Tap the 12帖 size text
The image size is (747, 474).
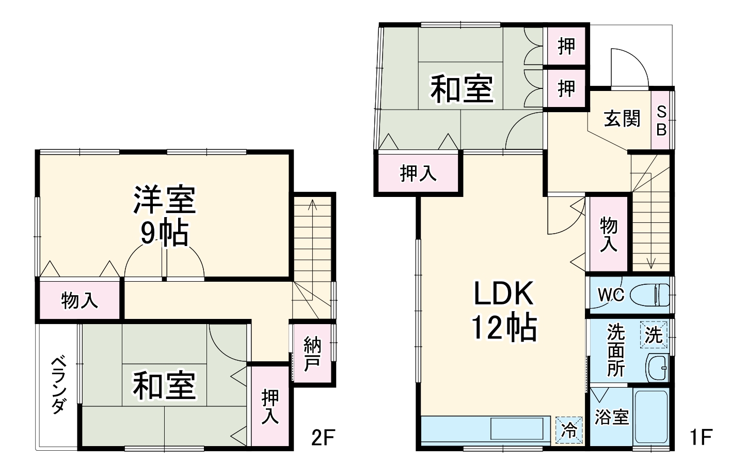[x=503, y=327]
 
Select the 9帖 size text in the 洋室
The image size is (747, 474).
[x=164, y=233]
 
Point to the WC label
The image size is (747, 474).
[x=611, y=295]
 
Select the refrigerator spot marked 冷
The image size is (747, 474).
[x=569, y=430]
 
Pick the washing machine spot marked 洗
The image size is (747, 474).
[x=654, y=335]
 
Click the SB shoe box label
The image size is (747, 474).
[x=661, y=120]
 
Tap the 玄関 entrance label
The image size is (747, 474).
[x=622, y=119]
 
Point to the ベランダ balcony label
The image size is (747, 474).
[x=58, y=385]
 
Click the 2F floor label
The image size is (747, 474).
[x=324, y=438]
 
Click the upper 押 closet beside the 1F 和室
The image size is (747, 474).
[x=566, y=47]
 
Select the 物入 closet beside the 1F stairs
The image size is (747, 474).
[x=609, y=234]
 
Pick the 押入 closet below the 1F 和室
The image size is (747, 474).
[x=418, y=173]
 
